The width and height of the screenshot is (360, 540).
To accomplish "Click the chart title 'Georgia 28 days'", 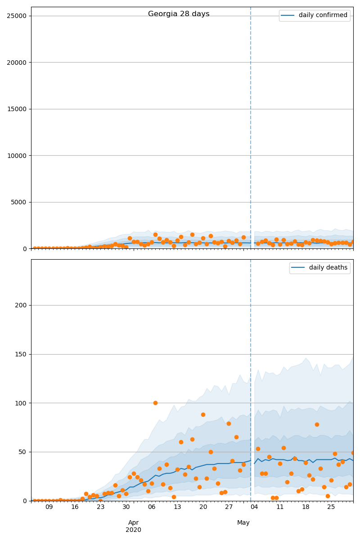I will point(179,14).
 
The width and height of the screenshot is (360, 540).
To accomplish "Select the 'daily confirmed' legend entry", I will point(323,15).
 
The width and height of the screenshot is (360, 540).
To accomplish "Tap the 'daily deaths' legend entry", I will point(328,268).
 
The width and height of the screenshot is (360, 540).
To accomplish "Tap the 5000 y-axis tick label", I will point(20,202).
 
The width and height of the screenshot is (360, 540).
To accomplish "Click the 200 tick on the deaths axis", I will point(22,305).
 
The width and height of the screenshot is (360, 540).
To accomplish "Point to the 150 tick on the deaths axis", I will point(22,354).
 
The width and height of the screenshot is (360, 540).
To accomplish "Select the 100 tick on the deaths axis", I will point(22,403).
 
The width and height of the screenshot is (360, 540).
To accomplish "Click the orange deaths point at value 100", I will point(155,403).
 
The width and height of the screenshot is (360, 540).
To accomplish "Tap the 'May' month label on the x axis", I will point(243,522).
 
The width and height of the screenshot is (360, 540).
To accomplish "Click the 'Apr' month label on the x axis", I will point(133,522).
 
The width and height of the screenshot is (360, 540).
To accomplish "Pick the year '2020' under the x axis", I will point(133,530).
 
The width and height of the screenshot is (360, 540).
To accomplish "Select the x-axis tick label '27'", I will point(229,507).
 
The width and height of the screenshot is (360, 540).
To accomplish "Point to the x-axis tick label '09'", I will point(49,507).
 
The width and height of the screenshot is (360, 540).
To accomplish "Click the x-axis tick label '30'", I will point(126,507).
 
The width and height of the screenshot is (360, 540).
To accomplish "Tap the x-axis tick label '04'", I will point(254,507).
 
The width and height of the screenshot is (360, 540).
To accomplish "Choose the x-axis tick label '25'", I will point(331,507).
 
